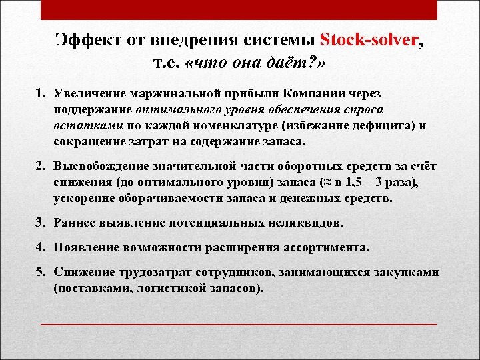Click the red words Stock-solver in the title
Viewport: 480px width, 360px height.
click(x=370, y=39)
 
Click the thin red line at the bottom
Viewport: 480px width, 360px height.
click(x=240, y=324)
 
